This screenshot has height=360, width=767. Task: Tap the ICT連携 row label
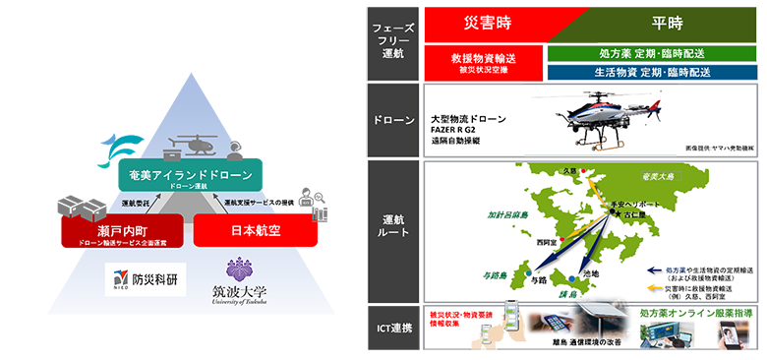click(x=391, y=329)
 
